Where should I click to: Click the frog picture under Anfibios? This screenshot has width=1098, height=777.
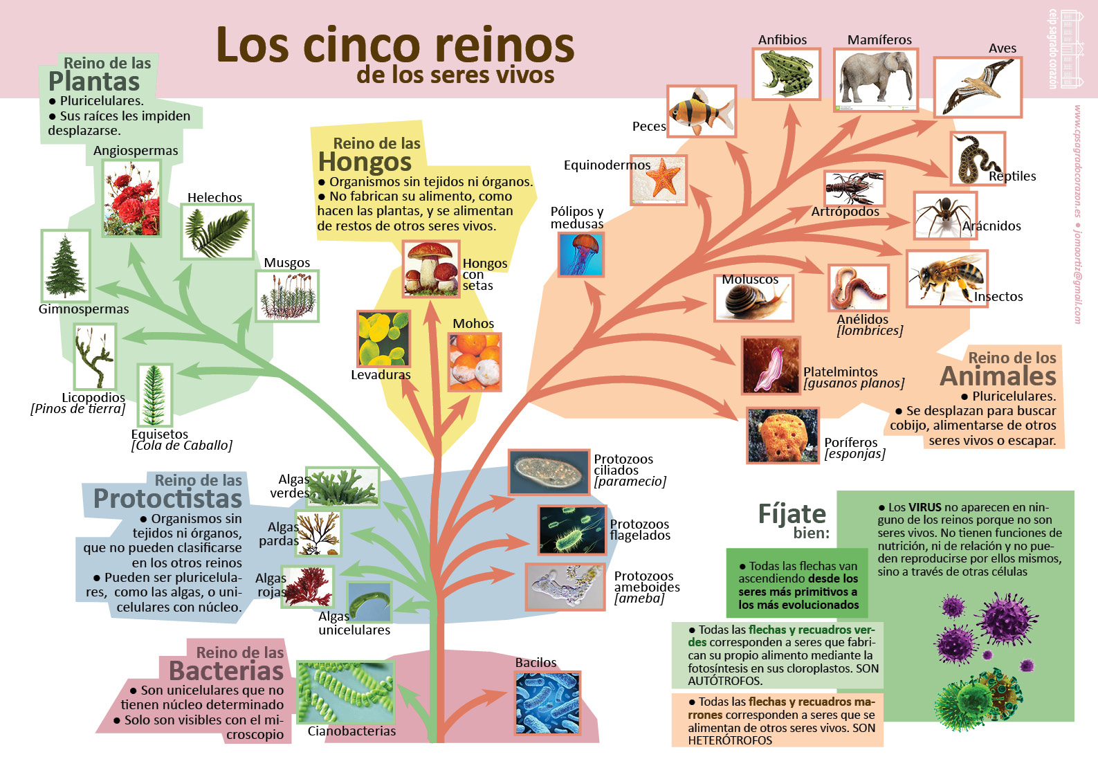786,73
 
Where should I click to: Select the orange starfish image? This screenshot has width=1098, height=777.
659,179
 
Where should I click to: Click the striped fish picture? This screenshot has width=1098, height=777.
701,111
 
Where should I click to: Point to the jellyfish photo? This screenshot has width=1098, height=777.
580,254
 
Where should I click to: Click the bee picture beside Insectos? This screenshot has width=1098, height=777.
946,278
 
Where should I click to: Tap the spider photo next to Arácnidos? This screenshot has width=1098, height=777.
944,216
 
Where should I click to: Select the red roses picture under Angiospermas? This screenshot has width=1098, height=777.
131,198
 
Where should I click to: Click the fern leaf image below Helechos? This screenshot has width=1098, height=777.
217,232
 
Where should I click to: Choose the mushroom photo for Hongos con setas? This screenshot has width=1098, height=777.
430,268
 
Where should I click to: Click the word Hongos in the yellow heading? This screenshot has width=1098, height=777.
365,162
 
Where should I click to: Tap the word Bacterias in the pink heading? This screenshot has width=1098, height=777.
226,671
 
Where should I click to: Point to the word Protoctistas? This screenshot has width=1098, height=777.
167,499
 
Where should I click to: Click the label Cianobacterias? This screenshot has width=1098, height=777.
351,731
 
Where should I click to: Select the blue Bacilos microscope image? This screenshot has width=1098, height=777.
547,702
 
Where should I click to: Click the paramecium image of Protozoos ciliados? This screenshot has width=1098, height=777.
549,472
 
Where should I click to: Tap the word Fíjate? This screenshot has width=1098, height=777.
792,514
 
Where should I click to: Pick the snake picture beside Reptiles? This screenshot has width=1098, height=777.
976,159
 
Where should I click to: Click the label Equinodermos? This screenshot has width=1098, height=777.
607,165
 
